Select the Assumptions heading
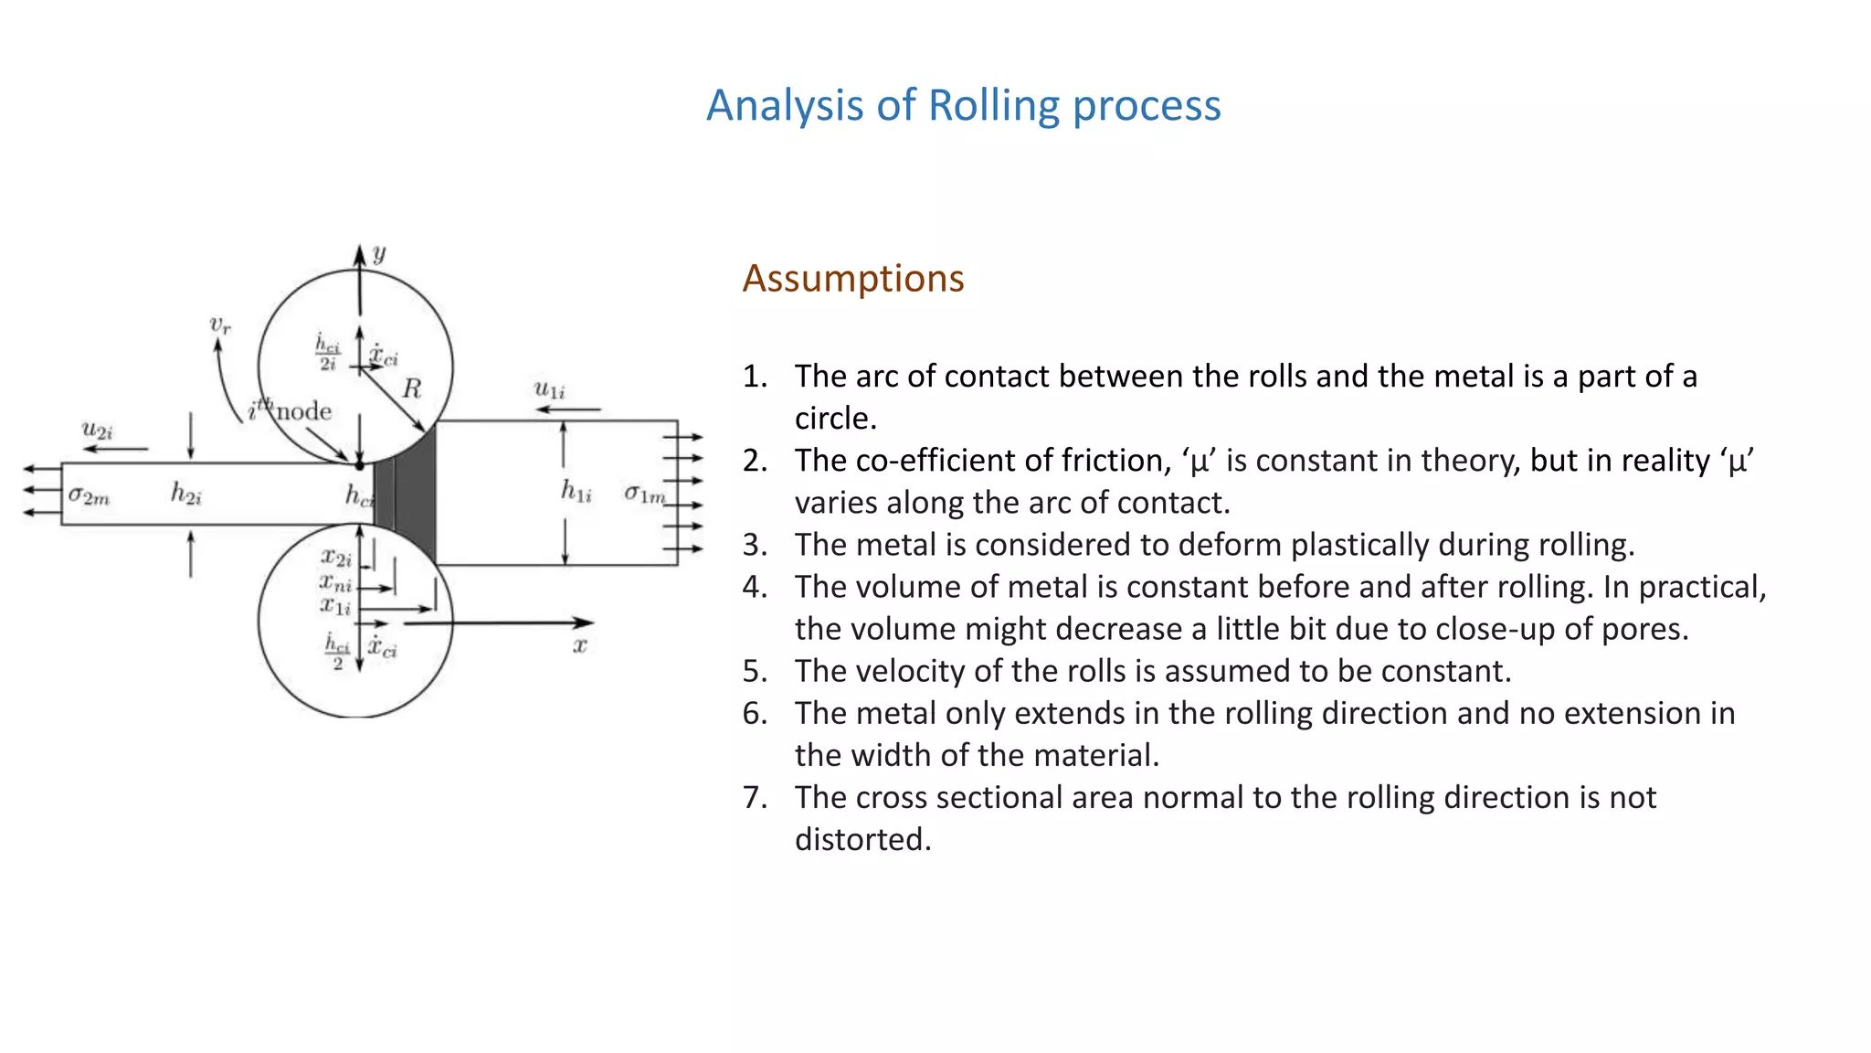tap(852, 278)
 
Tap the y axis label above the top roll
tap(379, 253)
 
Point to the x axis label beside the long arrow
tap(579, 645)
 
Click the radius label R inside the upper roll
tap(412, 389)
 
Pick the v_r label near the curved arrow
tap(220, 324)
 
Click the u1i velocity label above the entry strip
tap(549, 389)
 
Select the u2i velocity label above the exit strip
tap(97, 430)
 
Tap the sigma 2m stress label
tap(89, 496)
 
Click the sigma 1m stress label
tap(645, 495)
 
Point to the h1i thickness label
tap(576, 492)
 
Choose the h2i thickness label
tap(185, 495)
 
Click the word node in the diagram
tap(303, 411)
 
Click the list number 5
tap(754, 671)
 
